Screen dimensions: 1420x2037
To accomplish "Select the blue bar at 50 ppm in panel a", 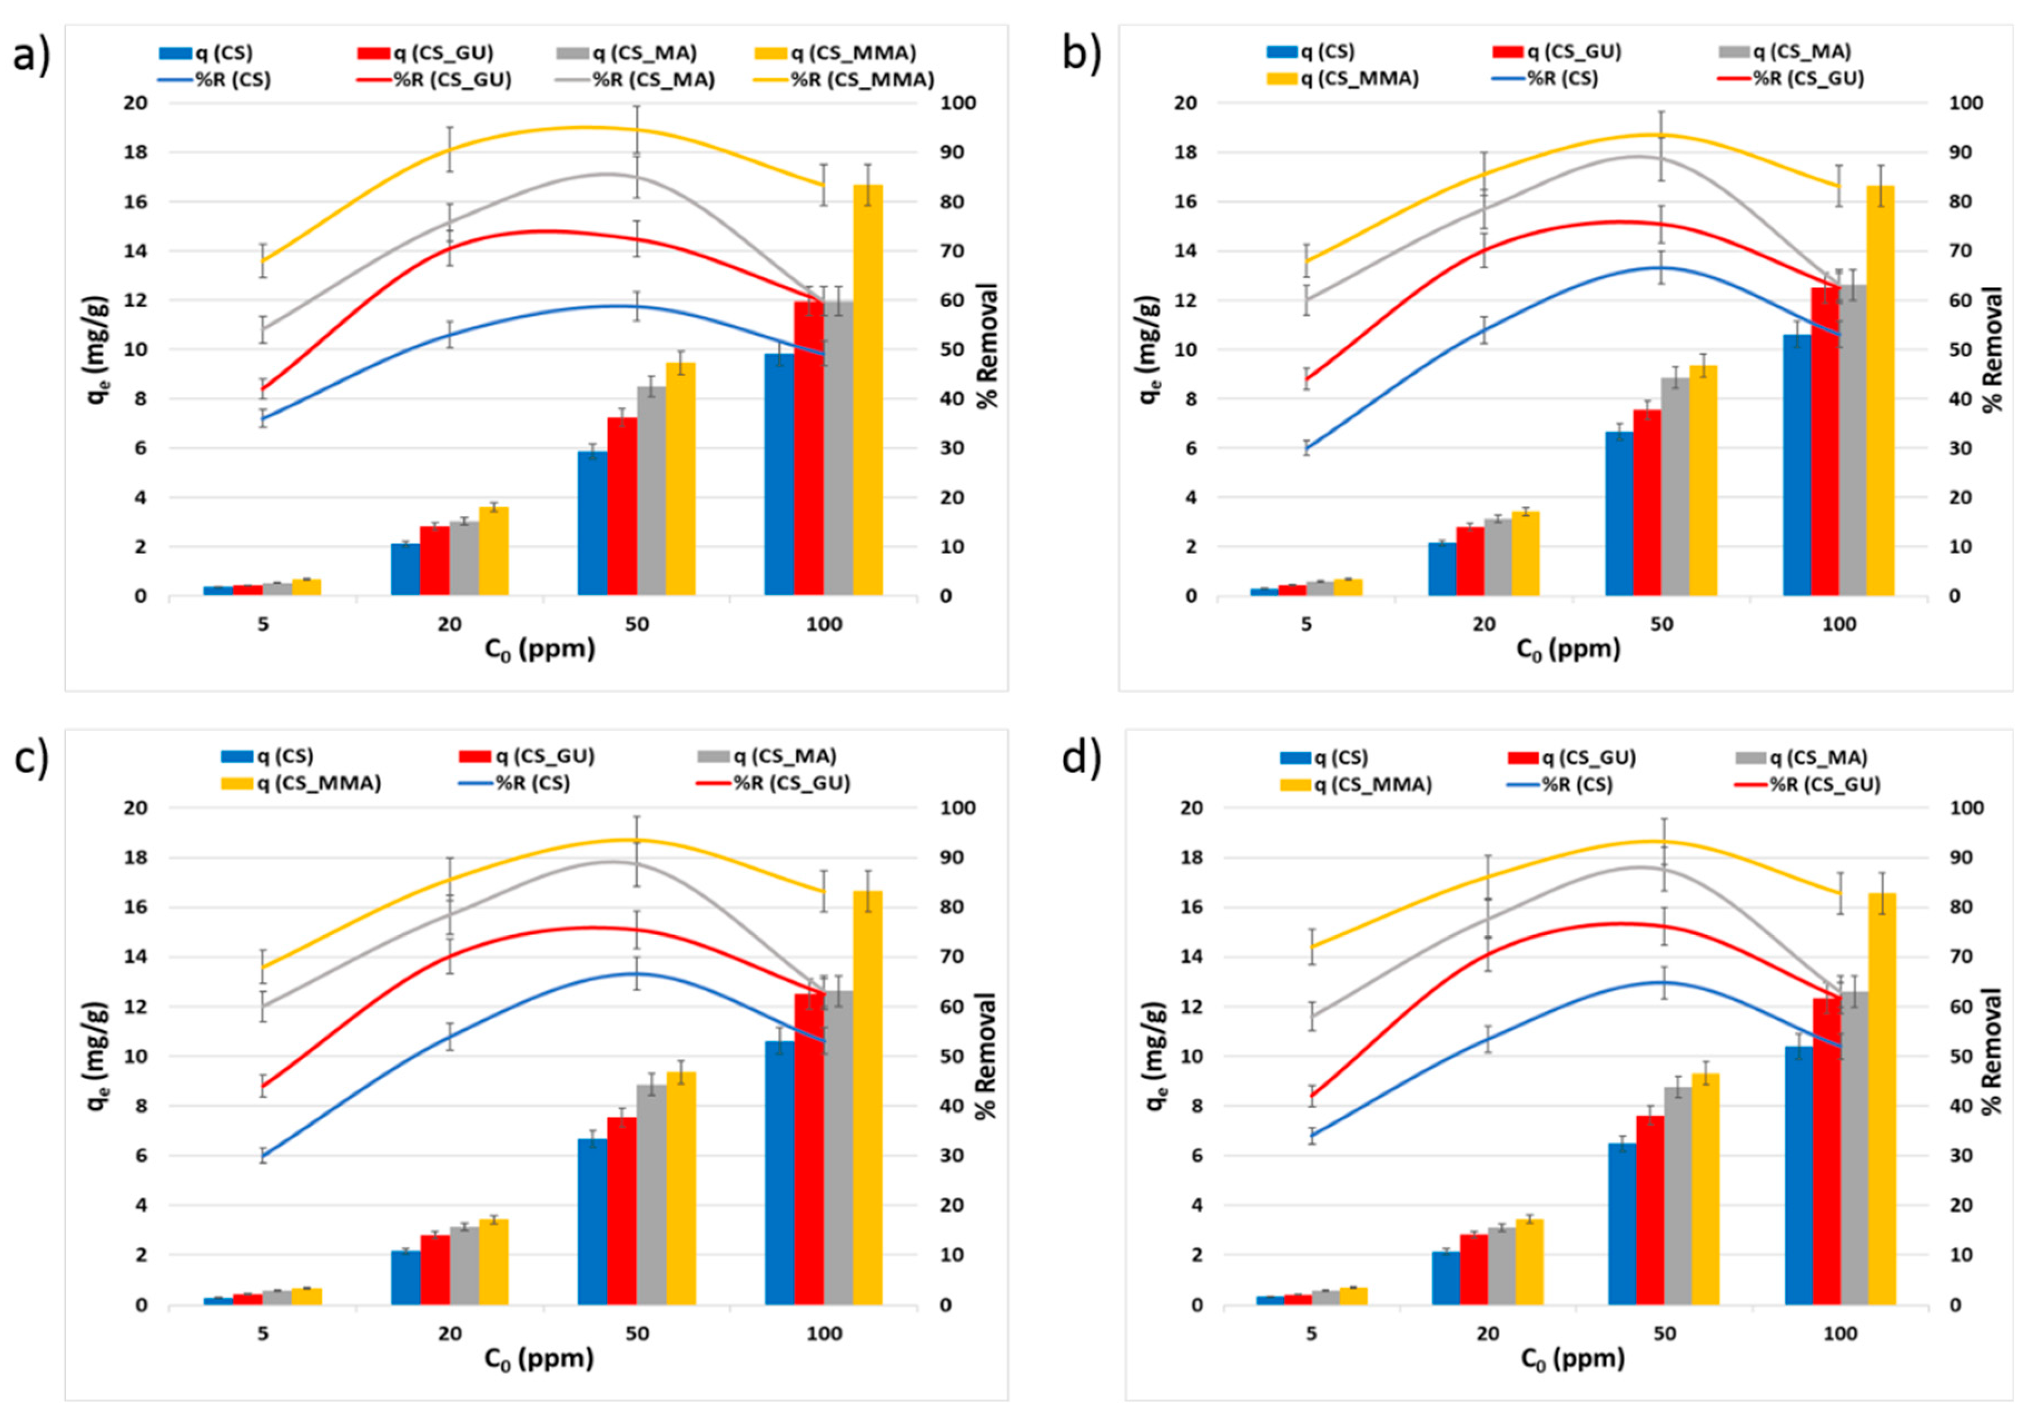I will point(592,523).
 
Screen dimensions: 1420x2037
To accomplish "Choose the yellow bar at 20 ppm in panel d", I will point(1530,1262).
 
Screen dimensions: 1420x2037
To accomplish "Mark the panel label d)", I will point(1081,760).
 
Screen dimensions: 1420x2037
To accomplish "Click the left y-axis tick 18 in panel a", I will point(135,152).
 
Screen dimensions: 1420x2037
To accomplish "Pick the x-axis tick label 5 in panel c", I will point(263,1334).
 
